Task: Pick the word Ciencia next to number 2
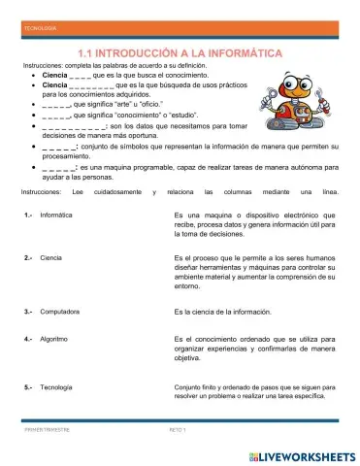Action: (x=51, y=258)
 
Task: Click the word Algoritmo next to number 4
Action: (x=54, y=339)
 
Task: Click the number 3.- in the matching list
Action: (x=29, y=312)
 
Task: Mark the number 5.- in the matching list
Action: (x=29, y=387)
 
